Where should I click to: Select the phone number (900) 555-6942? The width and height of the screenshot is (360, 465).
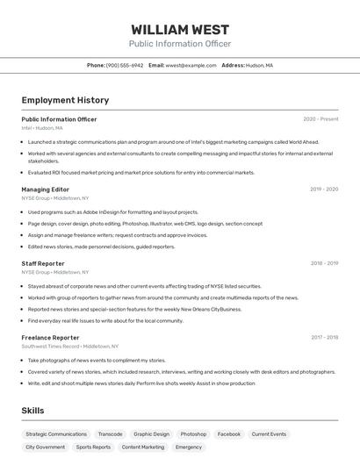[125, 65]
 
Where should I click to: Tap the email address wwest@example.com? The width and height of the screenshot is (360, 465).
[191, 65]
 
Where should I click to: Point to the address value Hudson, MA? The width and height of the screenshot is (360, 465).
[259, 65]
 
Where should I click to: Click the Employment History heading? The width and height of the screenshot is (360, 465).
[59, 100]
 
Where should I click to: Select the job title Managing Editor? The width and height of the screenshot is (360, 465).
[46, 189]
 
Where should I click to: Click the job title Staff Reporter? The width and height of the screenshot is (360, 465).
[43, 263]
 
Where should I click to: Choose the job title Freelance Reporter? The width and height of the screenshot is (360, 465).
[50, 337]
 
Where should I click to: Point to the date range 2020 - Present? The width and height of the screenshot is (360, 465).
[320, 119]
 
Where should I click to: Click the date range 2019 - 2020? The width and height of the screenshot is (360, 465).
[324, 189]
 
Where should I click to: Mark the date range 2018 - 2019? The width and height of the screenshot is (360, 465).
[324, 263]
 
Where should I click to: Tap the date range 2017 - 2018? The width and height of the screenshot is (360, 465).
[324, 337]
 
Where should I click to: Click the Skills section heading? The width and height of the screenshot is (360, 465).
[32, 411]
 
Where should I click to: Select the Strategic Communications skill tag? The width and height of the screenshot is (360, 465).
[56, 434]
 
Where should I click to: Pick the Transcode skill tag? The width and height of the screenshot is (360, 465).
[110, 434]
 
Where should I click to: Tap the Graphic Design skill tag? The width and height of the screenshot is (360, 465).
[151, 434]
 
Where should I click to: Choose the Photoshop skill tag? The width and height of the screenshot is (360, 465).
[193, 434]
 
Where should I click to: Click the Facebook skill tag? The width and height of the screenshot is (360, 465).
[228, 434]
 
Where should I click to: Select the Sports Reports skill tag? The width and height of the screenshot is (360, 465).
[93, 447]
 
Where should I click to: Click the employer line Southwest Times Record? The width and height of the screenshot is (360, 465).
[51, 347]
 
